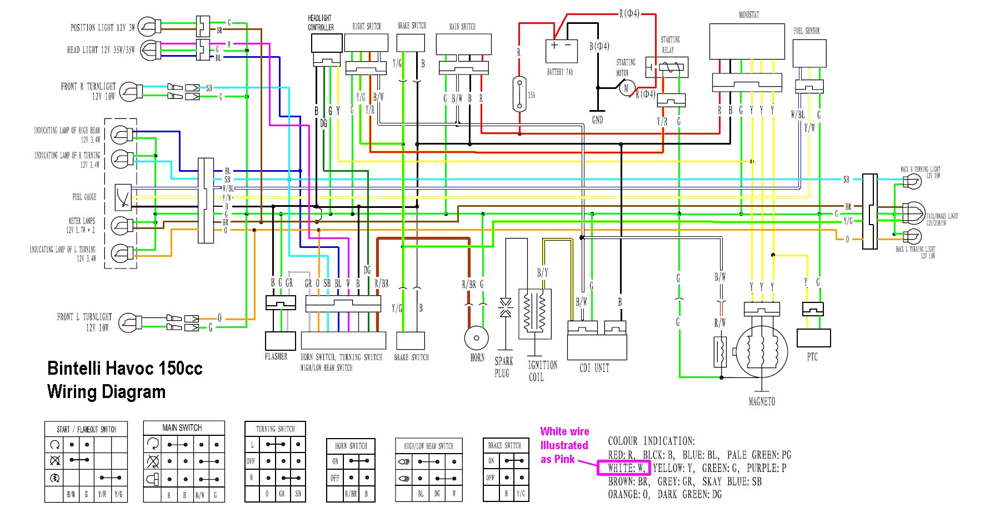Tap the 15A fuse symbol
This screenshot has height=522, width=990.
click(519, 94)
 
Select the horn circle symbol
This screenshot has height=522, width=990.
click(476, 337)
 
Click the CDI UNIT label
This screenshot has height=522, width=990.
click(594, 368)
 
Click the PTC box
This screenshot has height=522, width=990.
click(813, 337)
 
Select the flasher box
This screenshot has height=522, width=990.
click(280, 341)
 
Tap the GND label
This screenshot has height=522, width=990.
click(597, 120)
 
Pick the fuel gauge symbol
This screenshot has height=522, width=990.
click(123, 197)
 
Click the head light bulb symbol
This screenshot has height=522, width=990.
click(148, 50)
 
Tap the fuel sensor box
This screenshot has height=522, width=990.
click(809, 53)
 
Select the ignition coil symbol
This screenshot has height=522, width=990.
click(534, 314)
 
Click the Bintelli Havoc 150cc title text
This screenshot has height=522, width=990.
click(124, 369)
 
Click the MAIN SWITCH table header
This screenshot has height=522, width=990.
click(182, 427)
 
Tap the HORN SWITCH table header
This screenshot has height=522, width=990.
click(351, 446)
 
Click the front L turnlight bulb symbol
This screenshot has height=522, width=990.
click(131, 322)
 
